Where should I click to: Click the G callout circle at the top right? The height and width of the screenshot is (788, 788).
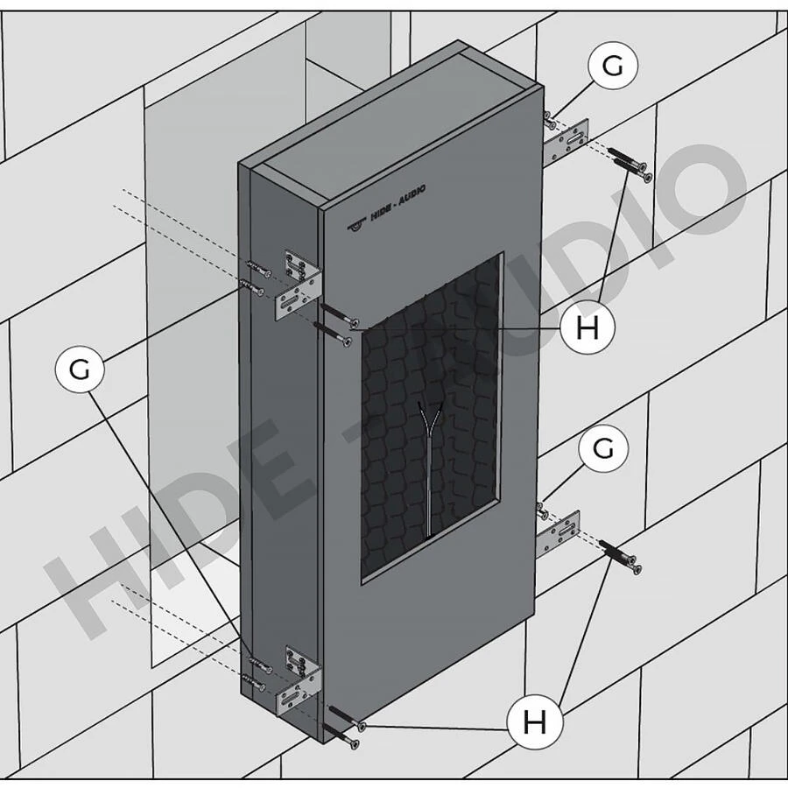[x=613, y=66]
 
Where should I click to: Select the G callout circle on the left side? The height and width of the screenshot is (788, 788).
[x=80, y=369]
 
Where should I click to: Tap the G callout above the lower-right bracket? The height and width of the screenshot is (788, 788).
[x=603, y=447]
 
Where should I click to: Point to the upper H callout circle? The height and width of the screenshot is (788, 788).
[x=587, y=327]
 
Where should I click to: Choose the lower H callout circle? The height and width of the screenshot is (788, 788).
[x=534, y=722]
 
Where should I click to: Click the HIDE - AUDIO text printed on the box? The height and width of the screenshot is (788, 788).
[x=398, y=202]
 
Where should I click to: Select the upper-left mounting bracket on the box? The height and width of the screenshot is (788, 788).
[x=299, y=284]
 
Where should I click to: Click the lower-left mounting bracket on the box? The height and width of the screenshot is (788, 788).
[x=299, y=680]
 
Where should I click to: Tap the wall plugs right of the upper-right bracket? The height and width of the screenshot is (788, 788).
[x=630, y=164]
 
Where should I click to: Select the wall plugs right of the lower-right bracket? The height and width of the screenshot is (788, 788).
[x=620, y=557]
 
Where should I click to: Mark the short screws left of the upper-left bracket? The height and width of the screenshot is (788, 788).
[x=257, y=278]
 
